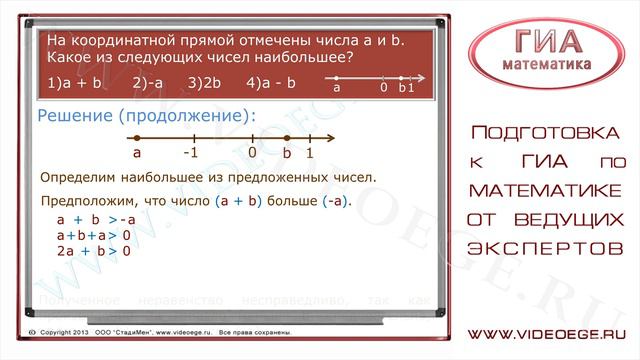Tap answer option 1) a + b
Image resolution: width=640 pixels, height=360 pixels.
tap(74, 85)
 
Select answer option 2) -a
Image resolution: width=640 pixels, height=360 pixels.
tap(148, 85)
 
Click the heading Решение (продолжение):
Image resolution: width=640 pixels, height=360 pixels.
tap(146, 116)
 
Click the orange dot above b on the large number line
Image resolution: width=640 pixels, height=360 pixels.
tap(287, 138)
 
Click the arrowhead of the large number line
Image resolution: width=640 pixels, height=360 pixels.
tap(330, 138)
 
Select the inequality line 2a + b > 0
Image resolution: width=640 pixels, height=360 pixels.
tap(95, 250)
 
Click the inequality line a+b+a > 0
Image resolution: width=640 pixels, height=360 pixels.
tap(95, 235)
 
